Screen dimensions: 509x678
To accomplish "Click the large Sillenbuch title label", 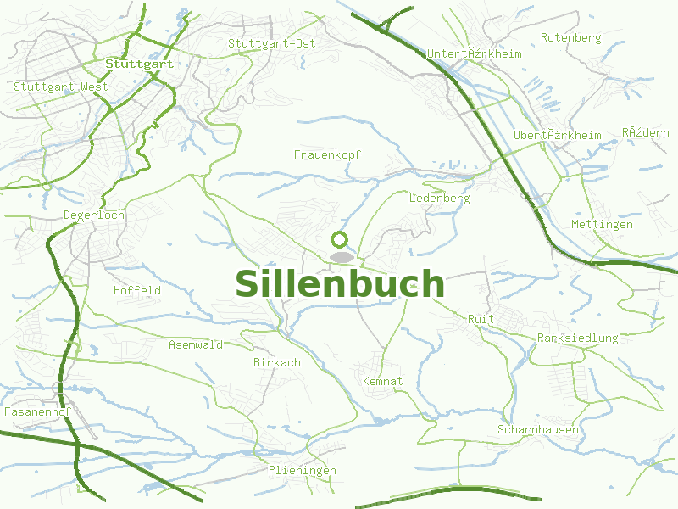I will coord(340,284).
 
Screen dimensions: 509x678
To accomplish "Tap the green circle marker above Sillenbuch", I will coord(340,240).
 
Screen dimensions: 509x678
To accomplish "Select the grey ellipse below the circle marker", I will coord(341,256).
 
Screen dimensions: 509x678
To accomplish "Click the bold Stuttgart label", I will coord(139,64).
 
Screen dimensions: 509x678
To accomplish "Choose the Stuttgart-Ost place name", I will coord(271,43).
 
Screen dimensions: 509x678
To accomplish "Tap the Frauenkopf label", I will coord(327,154).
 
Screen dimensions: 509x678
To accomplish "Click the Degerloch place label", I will coord(94,215).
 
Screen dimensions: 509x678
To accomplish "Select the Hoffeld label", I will coord(137,290).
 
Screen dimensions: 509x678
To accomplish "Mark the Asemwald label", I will coord(196,344).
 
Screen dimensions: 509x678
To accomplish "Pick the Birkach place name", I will coord(277,362).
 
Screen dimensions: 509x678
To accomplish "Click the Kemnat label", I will coord(382,381).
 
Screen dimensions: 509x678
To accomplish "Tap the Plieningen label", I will coord(303,470).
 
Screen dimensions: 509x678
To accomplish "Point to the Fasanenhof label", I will coord(36,411).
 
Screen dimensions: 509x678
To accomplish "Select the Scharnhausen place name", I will coord(538,429).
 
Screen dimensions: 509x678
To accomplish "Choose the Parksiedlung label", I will coord(577,338).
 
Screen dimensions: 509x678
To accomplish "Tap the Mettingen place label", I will coord(602,224).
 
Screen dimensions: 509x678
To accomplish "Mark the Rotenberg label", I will coord(570,37).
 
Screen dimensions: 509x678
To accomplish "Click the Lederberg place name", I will coord(439,198).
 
